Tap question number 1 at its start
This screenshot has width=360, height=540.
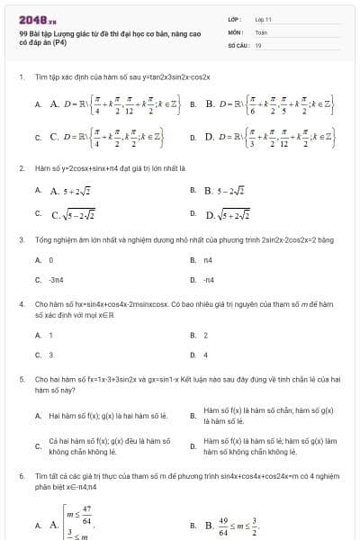[x=21, y=77]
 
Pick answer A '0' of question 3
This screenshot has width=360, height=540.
[x=49, y=259]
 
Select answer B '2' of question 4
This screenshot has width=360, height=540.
[x=206, y=335]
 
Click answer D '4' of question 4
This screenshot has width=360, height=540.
[x=206, y=355]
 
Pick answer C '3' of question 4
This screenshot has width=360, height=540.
[x=50, y=355]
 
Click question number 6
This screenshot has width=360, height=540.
[x=21, y=473]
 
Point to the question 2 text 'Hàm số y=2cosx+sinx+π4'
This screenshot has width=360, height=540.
[x=109, y=167]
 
